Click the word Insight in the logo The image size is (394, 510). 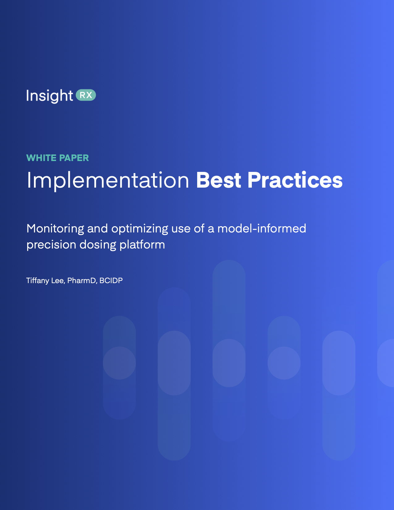click(49, 96)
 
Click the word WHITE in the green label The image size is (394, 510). click(41, 158)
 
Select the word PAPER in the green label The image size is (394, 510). click(74, 158)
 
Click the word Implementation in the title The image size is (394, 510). click(108, 180)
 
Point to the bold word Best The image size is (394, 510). click(218, 180)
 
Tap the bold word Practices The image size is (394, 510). click(295, 180)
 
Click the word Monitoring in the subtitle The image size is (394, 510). click(55, 229)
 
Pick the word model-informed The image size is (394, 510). click(261, 229)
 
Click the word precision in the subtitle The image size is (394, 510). click(51, 245)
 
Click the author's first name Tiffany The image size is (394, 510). click(37, 281)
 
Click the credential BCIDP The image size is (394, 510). click(111, 281)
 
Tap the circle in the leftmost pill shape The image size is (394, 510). click(119, 363)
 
